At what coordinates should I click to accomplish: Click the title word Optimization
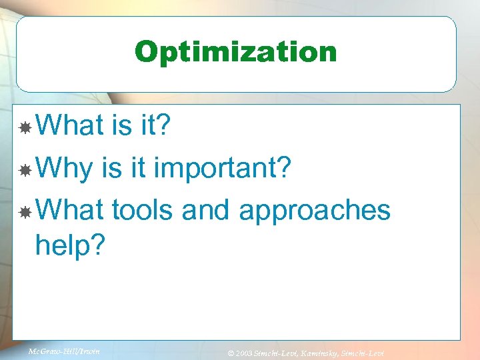236,52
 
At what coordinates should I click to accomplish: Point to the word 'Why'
63,169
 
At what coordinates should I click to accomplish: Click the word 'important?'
222,169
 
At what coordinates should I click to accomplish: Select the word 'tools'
142,210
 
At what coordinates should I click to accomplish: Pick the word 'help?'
70,245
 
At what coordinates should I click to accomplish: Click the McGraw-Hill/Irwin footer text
64,351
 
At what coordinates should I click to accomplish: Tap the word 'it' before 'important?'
138,169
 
